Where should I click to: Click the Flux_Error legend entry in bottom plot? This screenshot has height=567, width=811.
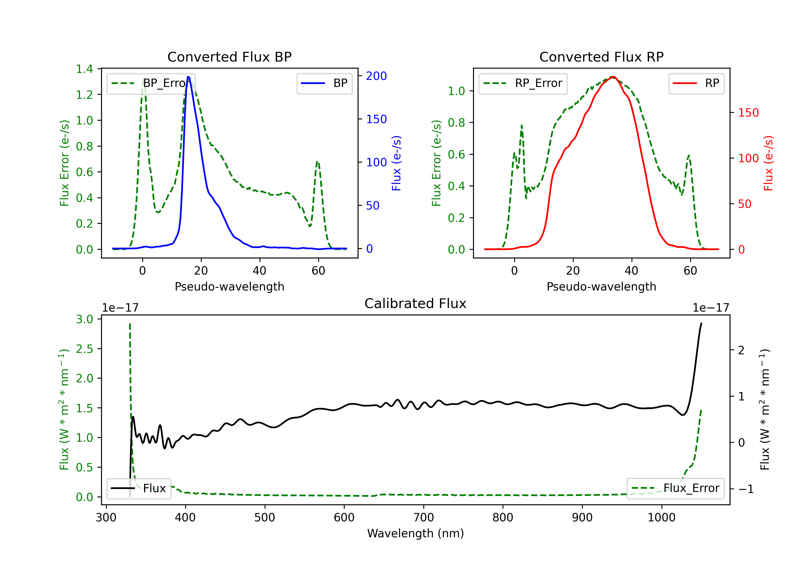675,488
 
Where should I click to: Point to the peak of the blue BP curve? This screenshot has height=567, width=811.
188,77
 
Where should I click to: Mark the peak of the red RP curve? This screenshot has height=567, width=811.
614,77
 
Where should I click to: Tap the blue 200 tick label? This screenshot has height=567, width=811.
376,76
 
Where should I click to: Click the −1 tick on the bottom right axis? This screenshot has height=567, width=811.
746,489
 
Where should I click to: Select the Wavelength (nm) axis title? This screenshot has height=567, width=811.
416,533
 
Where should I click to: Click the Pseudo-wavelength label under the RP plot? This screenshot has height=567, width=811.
601,286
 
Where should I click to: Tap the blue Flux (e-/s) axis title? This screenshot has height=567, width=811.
396,163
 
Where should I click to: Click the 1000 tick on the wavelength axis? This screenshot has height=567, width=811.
661,518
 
